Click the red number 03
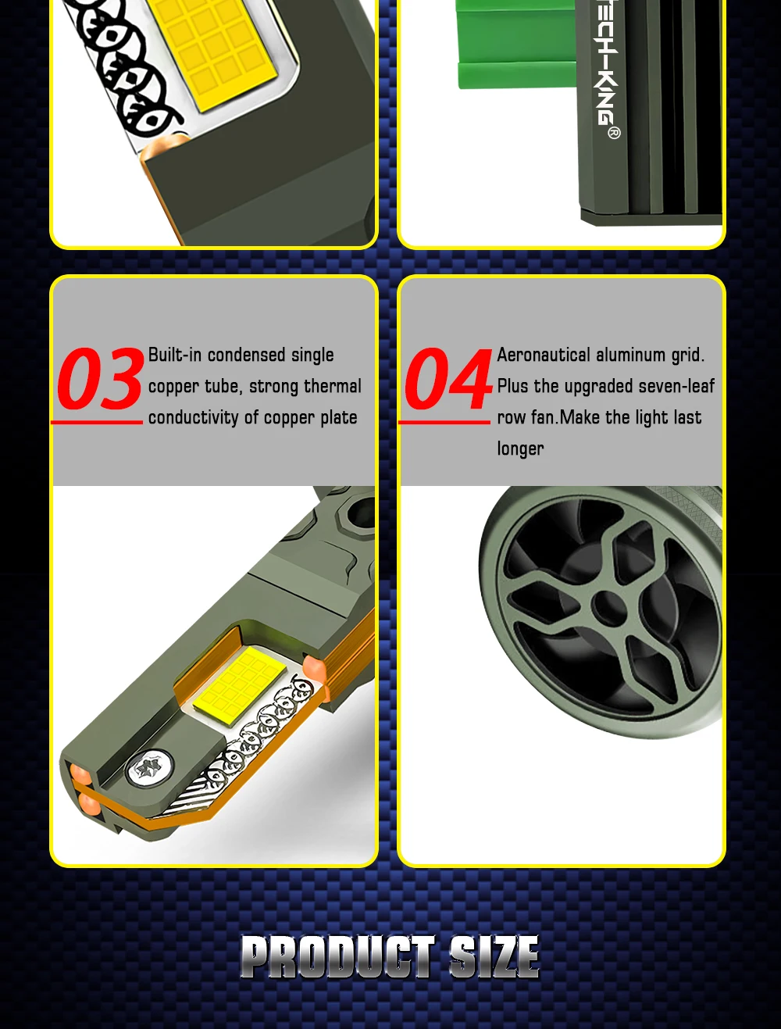[100, 379]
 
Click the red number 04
[448, 379]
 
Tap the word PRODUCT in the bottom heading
[338, 957]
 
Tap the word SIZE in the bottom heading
[494, 957]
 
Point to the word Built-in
[175, 355]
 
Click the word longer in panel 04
[520, 449]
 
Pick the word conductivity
[194, 418]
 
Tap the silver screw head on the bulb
[149, 767]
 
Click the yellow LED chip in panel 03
[240, 685]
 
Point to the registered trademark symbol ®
[614, 133]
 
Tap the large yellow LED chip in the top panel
[214, 52]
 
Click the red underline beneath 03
[97, 423]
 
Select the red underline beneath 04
[444, 423]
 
